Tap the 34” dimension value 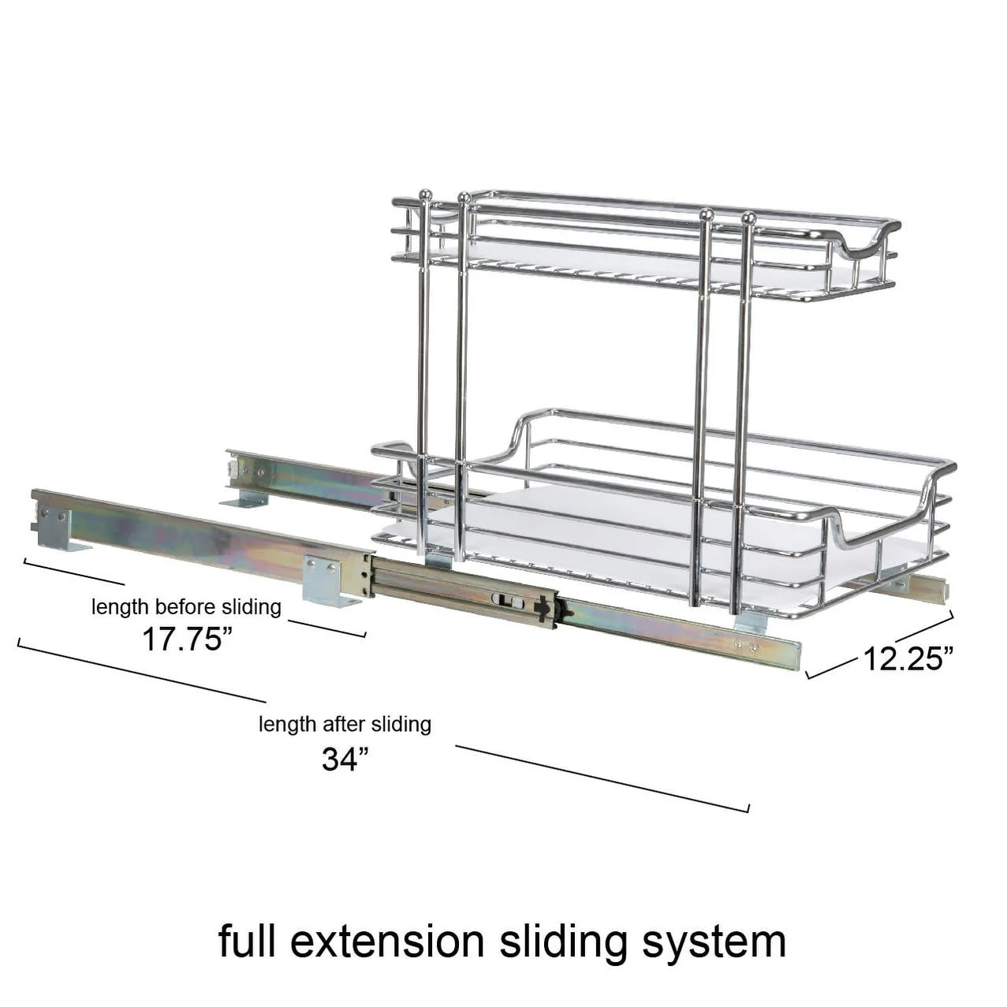coord(345,759)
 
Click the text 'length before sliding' coord(186,607)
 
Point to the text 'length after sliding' coord(345,724)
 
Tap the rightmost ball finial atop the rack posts coord(749,217)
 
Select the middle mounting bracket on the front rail coord(331,580)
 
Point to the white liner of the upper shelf coord(631,260)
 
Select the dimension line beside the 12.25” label coord(923,627)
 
